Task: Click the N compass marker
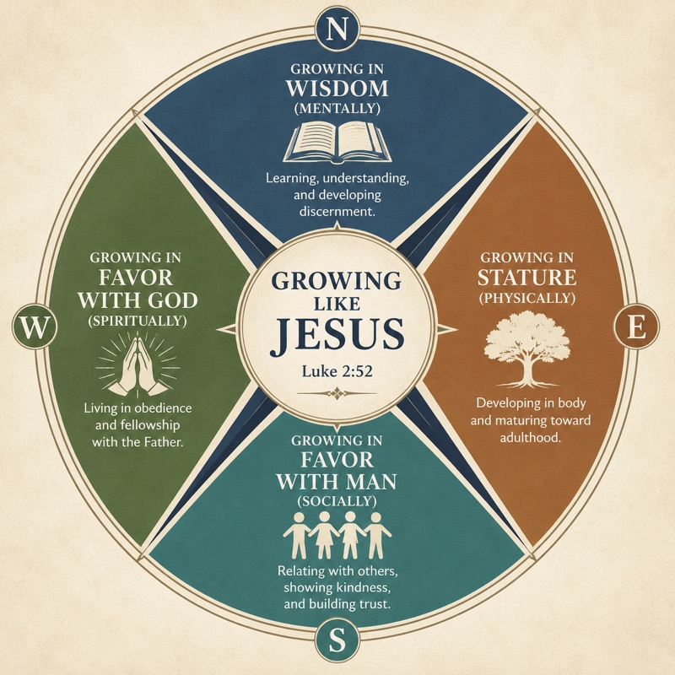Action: click(x=337, y=30)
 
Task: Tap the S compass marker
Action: click(x=337, y=640)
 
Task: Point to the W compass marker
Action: click(x=35, y=327)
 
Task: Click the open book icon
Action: click(x=337, y=143)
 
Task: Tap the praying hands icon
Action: click(x=138, y=365)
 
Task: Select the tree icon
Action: click(x=528, y=349)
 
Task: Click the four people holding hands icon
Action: click(x=337, y=535)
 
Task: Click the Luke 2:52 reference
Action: click(x=337, y=371)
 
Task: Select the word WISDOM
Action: click(x=337, y=89)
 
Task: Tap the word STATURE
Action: click(x=527, y=278)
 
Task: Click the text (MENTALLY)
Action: click(x=337, y=109)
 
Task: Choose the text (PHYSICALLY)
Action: click(x=527, y=298)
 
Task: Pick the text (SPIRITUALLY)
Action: click(x=138, y=321)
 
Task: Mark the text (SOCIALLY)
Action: click(x=337, y=501)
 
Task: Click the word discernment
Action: click(x=337, y=212)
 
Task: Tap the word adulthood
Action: click(x=531, y=437)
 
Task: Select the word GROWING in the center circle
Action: click(x=337, y=281)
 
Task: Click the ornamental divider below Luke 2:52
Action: click(x=337, y=393)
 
